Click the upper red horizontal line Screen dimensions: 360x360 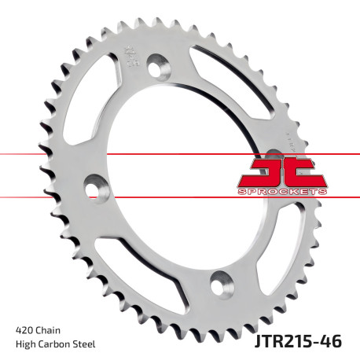118,154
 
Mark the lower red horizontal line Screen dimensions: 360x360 118,197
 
